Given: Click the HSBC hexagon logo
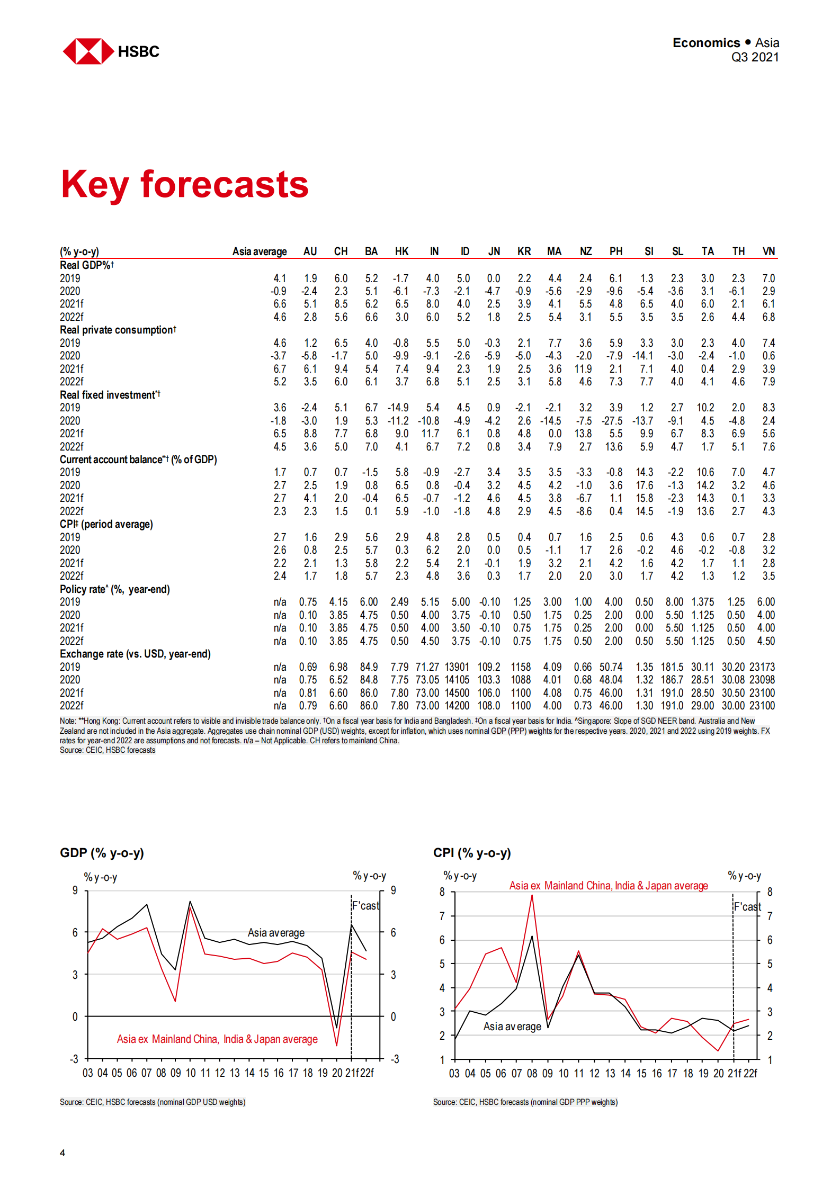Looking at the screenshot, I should tap(88, 51).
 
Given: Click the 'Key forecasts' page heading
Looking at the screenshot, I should tap(184, 185).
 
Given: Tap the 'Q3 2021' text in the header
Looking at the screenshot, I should tap(754, 57).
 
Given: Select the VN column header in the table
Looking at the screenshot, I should tap(768, 251).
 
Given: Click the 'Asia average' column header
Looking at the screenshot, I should tap(260, 251).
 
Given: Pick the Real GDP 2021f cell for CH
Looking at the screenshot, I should tap(341, 304).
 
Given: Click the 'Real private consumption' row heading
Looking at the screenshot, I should tap(118, 330).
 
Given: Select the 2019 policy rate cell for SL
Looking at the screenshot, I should tap(674, 602).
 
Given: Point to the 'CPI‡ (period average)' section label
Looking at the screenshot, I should tap(106, 524).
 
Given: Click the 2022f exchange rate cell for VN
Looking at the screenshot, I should tap(762, 706).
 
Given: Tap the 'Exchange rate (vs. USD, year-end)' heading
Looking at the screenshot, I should tap(135, 654).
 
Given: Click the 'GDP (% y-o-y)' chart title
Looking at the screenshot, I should tap(102, 853).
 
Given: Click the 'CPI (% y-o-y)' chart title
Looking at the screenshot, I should tap(472, 853).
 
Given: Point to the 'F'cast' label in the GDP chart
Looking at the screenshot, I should tap(365, 906).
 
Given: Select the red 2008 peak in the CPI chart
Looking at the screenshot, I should tap(532, 895).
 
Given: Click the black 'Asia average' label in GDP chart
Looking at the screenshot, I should tap(276, 932).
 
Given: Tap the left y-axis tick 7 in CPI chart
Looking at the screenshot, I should tap(442, 916).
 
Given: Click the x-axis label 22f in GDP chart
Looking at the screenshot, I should tap(367, 1073).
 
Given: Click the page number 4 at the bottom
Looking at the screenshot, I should tap(62, 1153).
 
